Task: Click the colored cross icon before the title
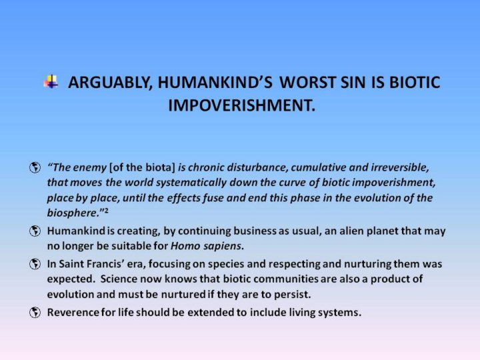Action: pyautogui.click(x=51, y=81)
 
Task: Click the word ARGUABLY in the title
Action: pyautogui.click(x=110, y=83)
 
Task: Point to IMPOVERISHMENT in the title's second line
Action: pyautogui.click(x=241, y=105)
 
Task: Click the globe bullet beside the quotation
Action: pyautogui.click(x=35, y=167)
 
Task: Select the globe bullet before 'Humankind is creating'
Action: pyautogui.click(x=35, y=231)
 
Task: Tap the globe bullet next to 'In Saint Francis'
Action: pyautogui.click(x=35, y=264)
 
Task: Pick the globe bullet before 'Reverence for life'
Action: pyautogui.click(x=35, y=313)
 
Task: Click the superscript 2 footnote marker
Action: pyautogui.click(x=106, y=210)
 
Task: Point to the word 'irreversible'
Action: pyautogui.click(x=400, y=167)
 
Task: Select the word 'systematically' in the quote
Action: pyautogui.click(x=191, y=183)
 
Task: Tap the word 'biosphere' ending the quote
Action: pyautogui.click(x=72, y=213)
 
